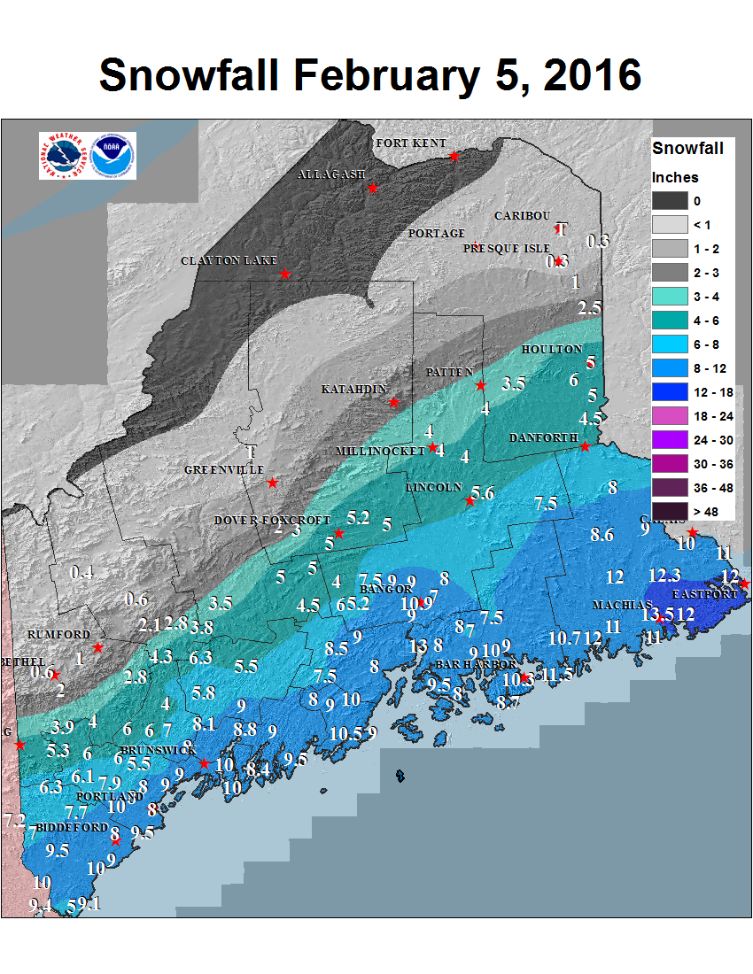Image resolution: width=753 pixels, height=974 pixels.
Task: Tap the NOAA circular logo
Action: tap(113, 156)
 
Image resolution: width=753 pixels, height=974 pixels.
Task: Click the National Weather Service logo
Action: tap(64, 156)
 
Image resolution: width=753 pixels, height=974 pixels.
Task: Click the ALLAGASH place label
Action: tap(330, 174)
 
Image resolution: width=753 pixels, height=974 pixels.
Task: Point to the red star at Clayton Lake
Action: tap(285, 274)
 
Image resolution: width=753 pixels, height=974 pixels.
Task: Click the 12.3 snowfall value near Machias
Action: tap(664, 575)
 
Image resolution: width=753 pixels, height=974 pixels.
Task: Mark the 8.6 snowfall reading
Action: tap(602, 534)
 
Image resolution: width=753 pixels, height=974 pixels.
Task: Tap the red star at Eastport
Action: tap(743, 584)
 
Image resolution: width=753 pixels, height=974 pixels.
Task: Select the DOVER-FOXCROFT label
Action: tap(272, 521)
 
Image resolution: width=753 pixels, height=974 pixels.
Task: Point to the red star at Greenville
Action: tap(273, 483)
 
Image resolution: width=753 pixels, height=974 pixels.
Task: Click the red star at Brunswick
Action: tap(204, 763)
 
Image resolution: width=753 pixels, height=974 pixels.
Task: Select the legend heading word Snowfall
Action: tap(687, 148)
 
